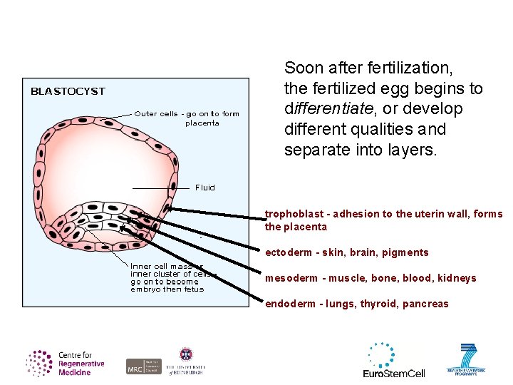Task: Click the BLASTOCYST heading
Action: tap(68, 91)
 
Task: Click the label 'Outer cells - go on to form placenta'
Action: tap(187, 118)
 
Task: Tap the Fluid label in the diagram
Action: tap(204, 188)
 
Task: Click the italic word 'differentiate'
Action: tap(328, 109)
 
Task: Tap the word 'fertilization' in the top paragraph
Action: tap(411, 68)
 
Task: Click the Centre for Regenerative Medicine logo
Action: tap(66, 363)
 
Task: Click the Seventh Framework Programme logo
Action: tap(466, 360)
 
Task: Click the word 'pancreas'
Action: tap(425, 304)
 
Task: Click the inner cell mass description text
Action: tap(171, 278)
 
